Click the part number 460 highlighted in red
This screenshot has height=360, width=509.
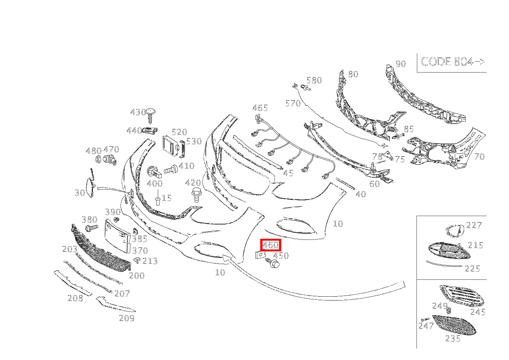pyautogui.click(x=271, y=244)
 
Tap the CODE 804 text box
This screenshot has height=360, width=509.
pyautogui.click(x=452, y=62)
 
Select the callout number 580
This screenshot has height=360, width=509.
pyautogui.click(x=314, y=80)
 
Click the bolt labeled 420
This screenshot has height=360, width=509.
pyautogui.click(x=196, y=195)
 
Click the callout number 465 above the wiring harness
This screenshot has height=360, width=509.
pyautogui.click(x=260, y=108)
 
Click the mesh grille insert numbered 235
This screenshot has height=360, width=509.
pyautogui.click(x=454, y=325)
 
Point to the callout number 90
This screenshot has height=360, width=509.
pyautogui.click(x=400, y=64)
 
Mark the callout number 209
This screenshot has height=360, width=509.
pyautogui.click(x=127, y=318)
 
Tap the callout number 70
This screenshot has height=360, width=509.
pyautogui.click(x=479, y=157)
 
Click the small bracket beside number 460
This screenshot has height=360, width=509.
pyautogui.click(x=260, y=255)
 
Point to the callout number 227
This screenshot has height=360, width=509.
pyautogui.click(x=474, y=225)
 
